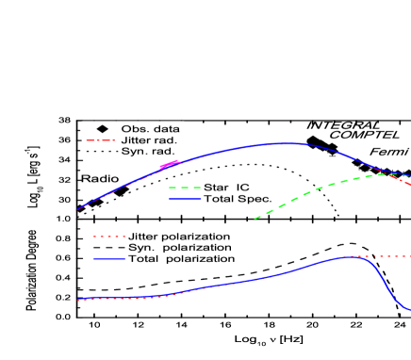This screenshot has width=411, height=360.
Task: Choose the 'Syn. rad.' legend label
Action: (x=149, y=152)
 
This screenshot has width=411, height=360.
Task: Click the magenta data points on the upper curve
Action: (x=170, y=166)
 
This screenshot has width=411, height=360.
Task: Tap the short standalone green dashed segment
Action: (x=185, y=188)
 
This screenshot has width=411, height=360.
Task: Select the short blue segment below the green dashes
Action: (x=185, y=199)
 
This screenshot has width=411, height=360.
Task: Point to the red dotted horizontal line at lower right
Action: (x=386, y=256)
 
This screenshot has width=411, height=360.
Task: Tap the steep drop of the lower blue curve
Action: (x=388, y=283)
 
